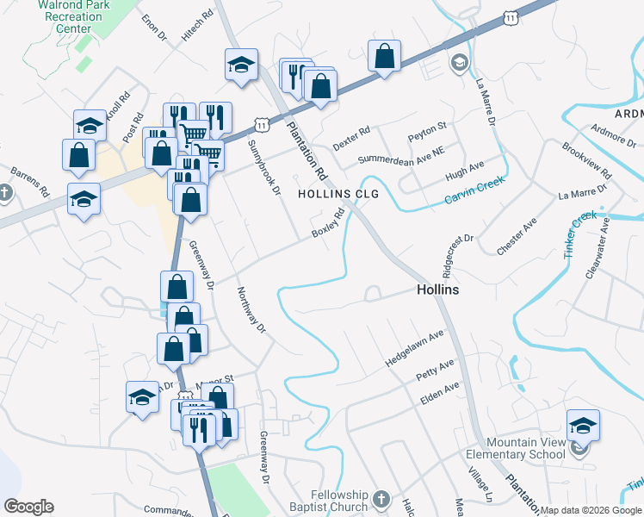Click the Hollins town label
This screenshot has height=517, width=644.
437,290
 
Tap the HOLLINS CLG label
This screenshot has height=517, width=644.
338,194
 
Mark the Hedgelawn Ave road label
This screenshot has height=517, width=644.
414,349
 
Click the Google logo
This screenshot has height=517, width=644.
28,507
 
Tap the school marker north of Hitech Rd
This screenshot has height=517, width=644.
242,64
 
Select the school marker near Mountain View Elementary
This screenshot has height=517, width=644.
583,426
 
